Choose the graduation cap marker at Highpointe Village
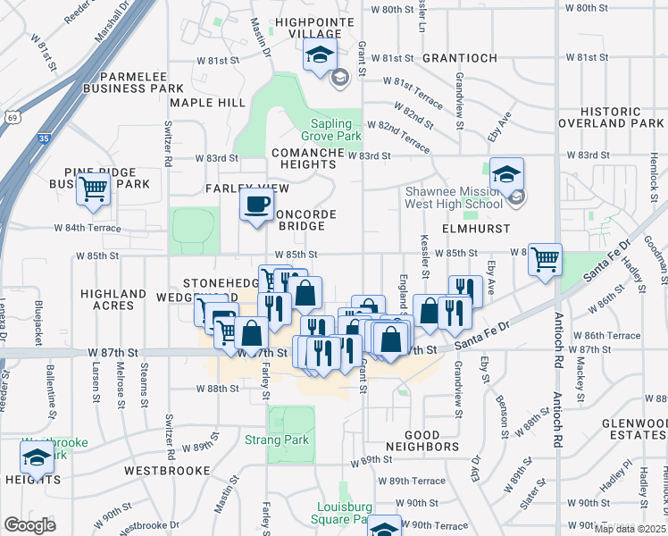tap(320, 55)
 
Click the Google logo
tap(29, 524)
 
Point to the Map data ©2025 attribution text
tap(630, 528)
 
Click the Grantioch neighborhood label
tap(459, 58)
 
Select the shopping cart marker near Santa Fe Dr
tap(545, 260)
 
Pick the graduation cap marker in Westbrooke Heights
tap(38, 458)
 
